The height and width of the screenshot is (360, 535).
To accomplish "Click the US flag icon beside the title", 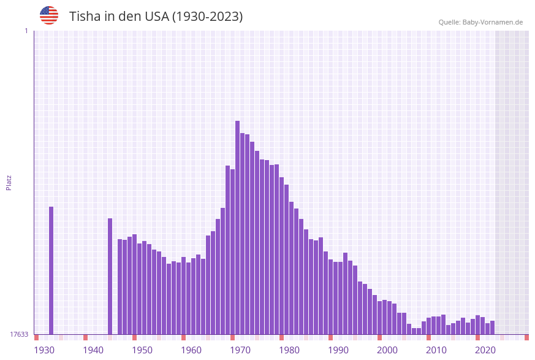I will (x=49, y=15).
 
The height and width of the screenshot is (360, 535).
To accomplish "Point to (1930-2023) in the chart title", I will (x=207, y=17).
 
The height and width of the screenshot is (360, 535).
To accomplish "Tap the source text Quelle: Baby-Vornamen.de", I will (x=480, y=22).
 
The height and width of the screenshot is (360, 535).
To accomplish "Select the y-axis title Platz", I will (x=9, y=183).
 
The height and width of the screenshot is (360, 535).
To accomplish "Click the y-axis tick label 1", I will (x=26, y=31).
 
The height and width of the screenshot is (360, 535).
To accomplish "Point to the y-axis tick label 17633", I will (x=18, y=334).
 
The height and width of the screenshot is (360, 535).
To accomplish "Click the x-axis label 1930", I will (x=44, y=350).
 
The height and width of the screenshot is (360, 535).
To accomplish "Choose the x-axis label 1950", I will (x=142, y=350).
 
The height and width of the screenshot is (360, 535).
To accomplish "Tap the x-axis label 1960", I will (x=191, y=350).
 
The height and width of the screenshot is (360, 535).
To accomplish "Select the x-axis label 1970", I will (x=240, y=350).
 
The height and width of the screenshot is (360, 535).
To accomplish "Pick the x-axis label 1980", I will (x=289, y=350).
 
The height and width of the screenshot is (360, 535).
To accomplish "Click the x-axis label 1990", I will (x=338, y=350).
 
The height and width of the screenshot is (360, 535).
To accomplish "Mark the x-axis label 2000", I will (x=387, y=350).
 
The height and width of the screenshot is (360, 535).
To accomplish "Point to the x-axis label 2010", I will (x=436, y=350).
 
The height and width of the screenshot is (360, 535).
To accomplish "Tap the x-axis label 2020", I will (x=485, y=350).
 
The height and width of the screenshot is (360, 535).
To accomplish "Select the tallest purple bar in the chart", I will (x=237, y=227).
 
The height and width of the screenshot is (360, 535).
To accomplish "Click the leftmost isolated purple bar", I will (x=51, y=270).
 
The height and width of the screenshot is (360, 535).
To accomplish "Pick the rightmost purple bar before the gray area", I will (x=492, y=327).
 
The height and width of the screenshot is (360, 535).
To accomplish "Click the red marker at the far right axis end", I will (x=526, y=337).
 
